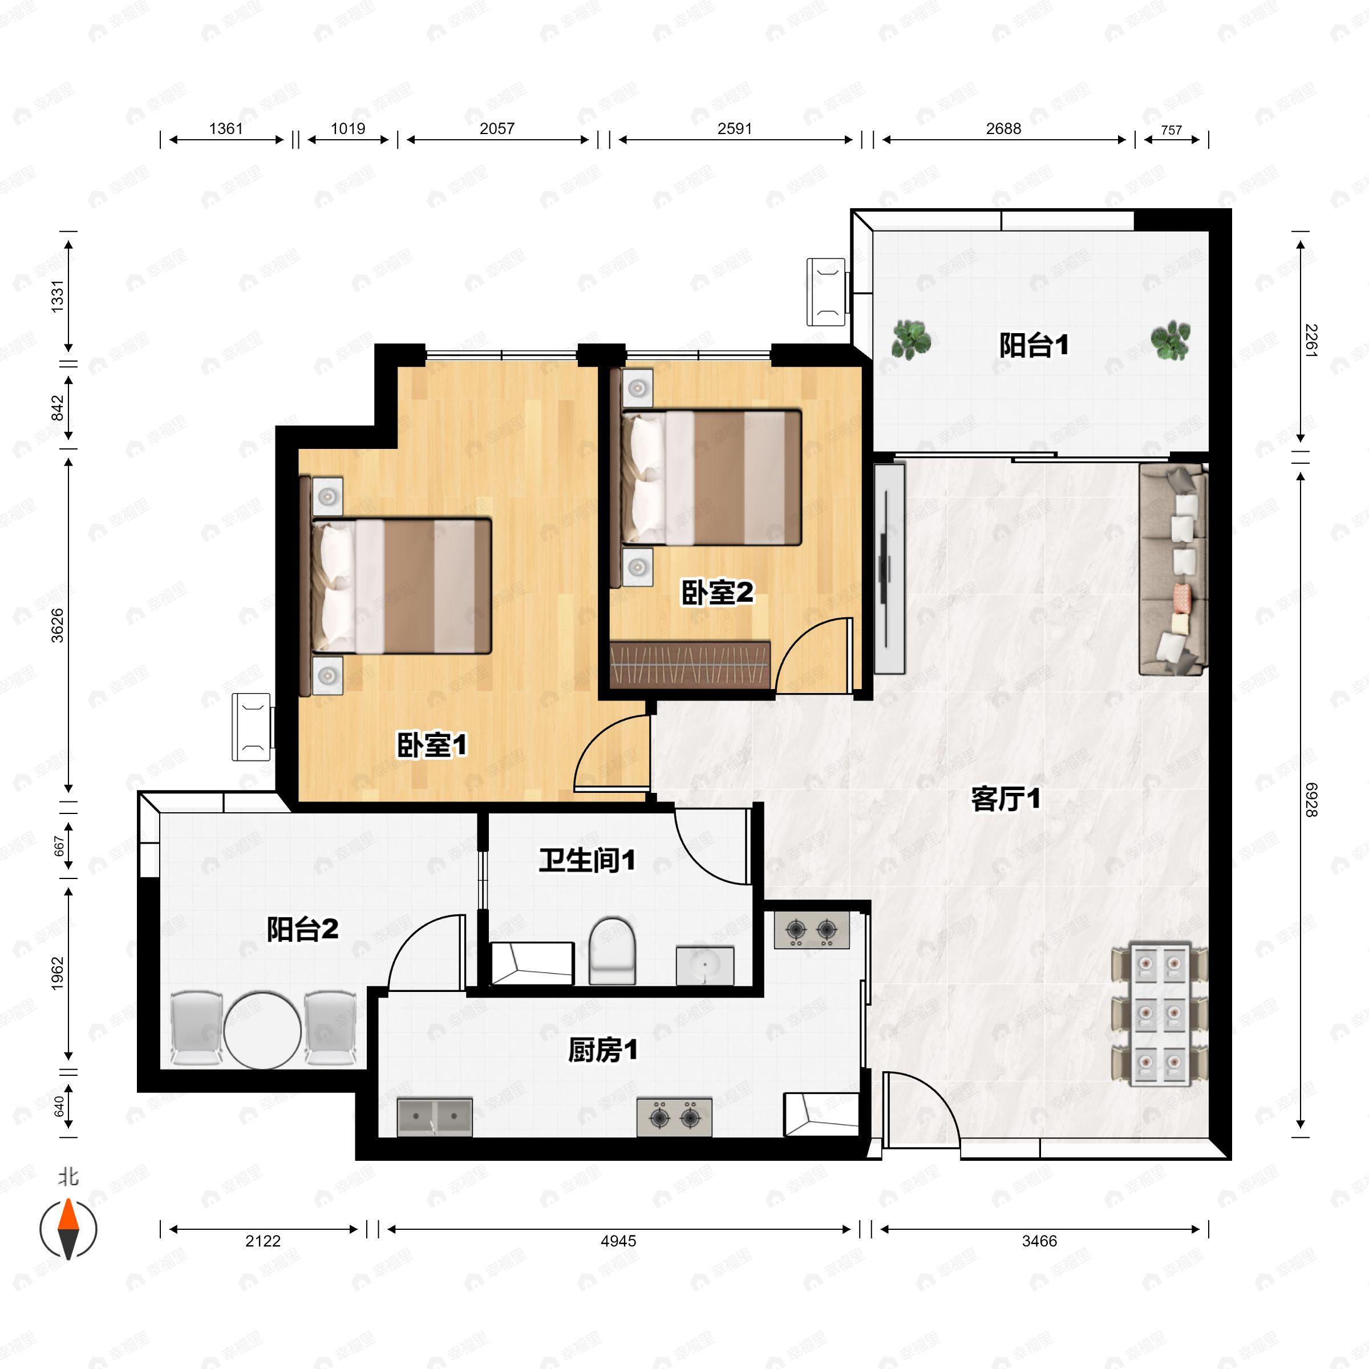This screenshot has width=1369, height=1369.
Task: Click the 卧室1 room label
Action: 432,746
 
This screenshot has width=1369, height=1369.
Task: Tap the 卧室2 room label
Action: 717,593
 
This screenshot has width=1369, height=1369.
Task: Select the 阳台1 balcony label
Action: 1034,346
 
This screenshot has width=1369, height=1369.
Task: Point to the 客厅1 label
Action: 1006,799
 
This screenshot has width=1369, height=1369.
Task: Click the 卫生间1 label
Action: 587,860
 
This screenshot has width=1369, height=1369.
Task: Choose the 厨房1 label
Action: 603,1050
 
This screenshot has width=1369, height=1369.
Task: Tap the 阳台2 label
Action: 302,929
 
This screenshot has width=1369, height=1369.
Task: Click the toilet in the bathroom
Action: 612,951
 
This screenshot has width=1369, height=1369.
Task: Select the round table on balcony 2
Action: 262,1030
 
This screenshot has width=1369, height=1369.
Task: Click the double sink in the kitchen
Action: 434,1117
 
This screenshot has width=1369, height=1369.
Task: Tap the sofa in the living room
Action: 1173,569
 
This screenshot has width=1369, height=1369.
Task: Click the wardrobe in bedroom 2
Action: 690,665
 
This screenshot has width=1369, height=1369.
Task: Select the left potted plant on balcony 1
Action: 910,339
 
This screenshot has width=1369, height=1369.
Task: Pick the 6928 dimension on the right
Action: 1311,799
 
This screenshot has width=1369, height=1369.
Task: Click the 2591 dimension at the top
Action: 734,128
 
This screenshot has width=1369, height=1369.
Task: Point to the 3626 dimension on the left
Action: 58,625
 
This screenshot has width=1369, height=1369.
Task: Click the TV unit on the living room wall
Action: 889,568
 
